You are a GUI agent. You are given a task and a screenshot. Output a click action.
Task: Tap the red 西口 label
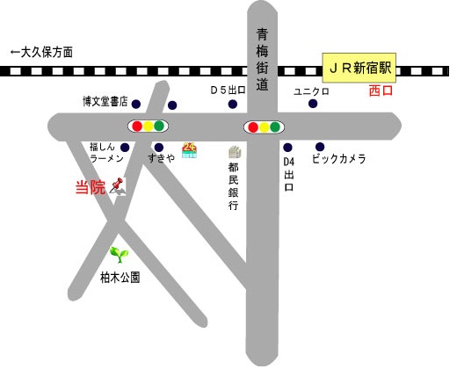pos(381,90)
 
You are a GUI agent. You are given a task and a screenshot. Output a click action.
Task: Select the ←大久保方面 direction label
pos(40,53)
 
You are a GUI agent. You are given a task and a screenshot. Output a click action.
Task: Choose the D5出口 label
pos(227,90)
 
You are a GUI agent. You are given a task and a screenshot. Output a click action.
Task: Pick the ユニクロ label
pos(311,90)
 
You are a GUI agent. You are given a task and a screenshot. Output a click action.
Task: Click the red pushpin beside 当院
pos(118,185)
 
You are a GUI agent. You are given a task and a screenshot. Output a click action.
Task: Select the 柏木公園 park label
pos(119,277)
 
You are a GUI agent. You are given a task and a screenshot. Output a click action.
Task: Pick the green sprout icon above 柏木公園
pos(118,255)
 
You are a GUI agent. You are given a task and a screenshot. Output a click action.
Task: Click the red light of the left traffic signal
pos(136,127)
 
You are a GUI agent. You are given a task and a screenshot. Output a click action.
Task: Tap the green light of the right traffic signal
pos(275,127)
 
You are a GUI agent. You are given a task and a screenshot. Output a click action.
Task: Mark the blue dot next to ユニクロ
pos(313,104)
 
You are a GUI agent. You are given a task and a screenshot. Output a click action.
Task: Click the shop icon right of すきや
pos(189,148)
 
